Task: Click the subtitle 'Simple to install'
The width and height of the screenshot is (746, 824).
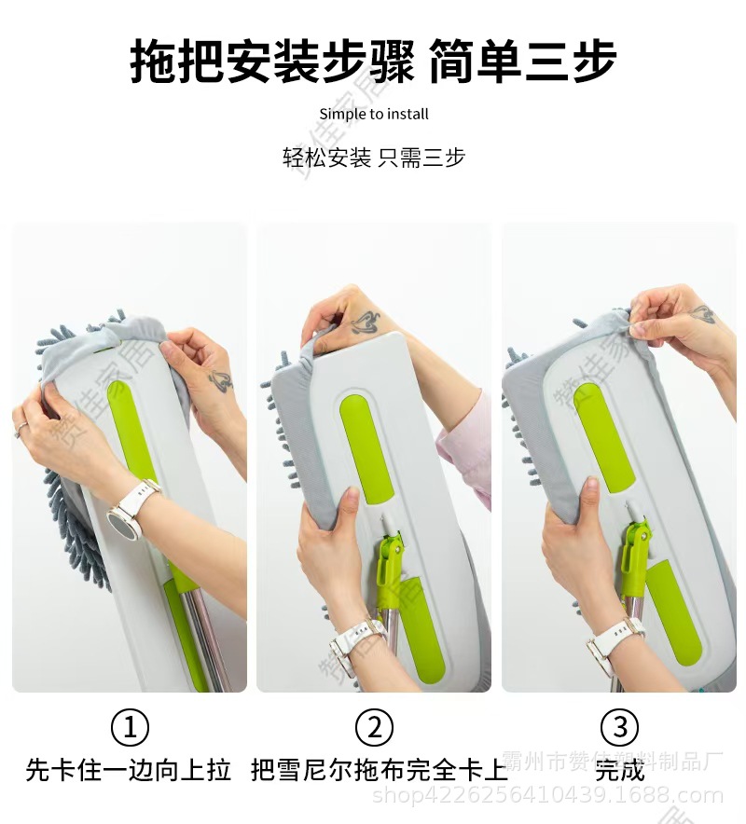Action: (374, 114)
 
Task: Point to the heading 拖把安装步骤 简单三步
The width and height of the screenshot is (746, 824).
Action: (373, 61)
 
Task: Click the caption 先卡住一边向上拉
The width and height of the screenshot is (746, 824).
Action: (129, 771)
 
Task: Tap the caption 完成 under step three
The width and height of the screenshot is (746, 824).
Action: (620, 771)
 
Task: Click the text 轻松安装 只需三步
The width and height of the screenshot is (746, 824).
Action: (374, 157)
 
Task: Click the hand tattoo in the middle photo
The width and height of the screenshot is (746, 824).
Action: (365, 323)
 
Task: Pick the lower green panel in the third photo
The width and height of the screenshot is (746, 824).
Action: (670, 611)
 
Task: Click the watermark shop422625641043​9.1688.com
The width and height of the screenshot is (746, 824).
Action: (547, 795)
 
